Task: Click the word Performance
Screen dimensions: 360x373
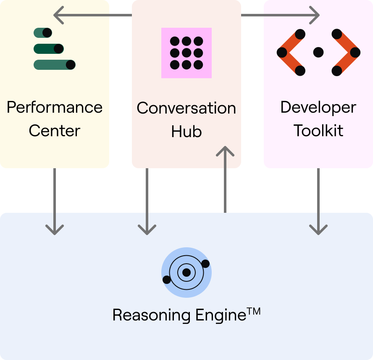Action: [55, 108]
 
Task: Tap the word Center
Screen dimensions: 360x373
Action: [55, 131]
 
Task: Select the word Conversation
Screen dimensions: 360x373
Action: [186, 109]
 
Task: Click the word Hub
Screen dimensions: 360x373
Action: [186, 132]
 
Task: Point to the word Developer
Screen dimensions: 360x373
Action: [318, 108]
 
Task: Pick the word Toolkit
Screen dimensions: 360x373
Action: [318, 131]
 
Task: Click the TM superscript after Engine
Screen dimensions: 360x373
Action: [254, 312]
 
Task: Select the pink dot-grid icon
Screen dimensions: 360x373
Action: [186, 53]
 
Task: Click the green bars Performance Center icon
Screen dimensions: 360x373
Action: [54, 49]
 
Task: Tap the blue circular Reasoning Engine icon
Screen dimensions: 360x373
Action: [186, 273]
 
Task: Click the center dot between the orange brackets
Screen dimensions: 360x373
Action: [318, 52]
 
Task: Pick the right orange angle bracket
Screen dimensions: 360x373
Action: [346, 53]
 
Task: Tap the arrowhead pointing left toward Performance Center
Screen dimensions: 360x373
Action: [59, 16]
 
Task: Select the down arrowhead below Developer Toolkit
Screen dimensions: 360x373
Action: [318, 230]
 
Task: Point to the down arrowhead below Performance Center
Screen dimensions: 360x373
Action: [55, 230]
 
